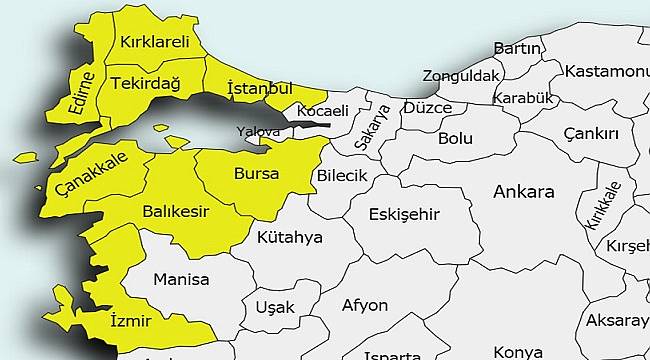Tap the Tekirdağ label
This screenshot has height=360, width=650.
145,83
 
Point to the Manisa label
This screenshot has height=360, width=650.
182,280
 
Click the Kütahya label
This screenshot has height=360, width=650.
290,238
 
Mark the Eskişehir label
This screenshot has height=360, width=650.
405,214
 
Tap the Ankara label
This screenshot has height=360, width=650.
523,191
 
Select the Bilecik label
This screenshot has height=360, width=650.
343,176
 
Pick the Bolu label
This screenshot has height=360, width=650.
455,138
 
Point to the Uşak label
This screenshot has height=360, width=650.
274,306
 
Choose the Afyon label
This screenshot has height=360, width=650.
364,305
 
